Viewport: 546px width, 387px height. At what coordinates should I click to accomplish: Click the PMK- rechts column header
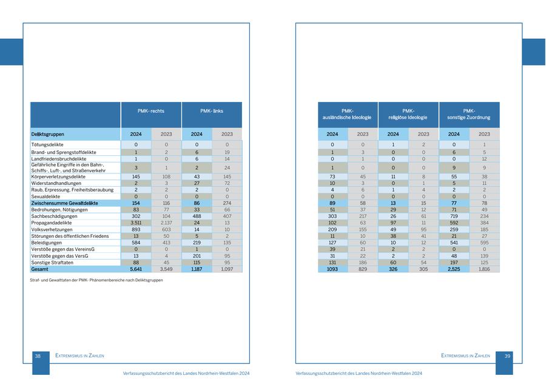[151, 112]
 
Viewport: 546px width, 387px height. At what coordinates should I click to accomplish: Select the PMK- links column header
[211, 112]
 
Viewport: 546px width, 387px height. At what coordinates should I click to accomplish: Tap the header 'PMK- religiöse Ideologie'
[408, 114]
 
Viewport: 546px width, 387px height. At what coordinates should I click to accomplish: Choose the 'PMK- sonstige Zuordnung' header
[469, 114]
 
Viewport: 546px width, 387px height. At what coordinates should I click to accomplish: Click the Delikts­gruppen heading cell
[48, 134]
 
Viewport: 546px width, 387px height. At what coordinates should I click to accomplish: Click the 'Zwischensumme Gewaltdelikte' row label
[64, 203]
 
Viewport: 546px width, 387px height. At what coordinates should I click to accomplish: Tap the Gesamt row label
[40, 269]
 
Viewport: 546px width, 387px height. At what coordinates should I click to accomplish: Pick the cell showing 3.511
[136, 223]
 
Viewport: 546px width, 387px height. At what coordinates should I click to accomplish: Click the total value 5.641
[136, 269]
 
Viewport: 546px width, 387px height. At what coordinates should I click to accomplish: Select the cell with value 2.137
[166, 223]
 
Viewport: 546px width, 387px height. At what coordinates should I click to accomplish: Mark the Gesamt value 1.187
[197, 269]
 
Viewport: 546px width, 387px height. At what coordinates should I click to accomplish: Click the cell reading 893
[136, 230]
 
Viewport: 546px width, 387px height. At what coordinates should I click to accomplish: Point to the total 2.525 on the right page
[454, 269]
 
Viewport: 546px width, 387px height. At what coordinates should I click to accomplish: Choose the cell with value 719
[454, 217]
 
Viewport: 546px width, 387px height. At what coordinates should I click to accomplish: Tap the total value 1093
[332, 269]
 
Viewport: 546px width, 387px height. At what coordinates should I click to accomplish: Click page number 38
[38, 356]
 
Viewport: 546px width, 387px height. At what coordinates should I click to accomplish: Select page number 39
[508, 356]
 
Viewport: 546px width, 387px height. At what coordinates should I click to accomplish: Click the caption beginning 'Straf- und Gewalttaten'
[96, 280]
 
